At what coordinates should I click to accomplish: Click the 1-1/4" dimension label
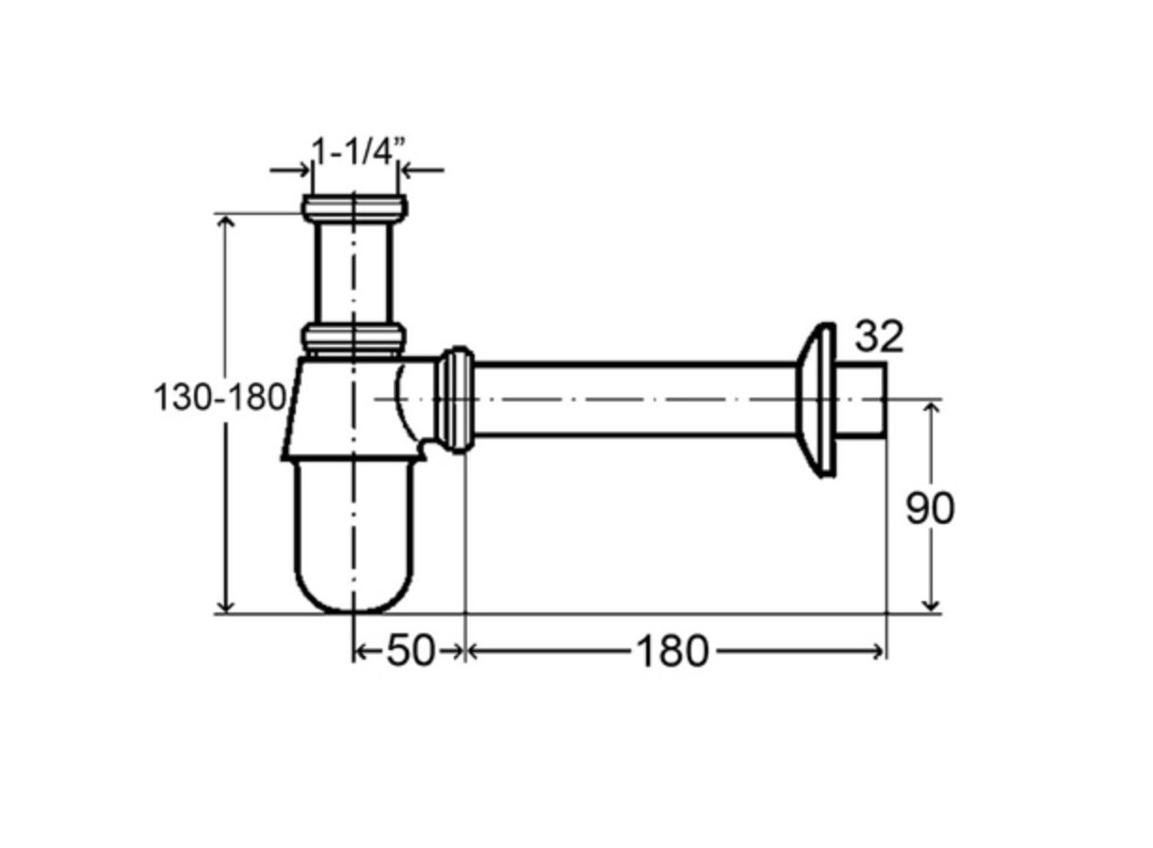(358, 152)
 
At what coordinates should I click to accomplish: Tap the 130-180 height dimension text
(219, 398)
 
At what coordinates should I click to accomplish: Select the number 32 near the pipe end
(879, 336)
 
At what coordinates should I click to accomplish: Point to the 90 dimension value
(930, 509)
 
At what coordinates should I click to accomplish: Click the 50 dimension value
(411, 651)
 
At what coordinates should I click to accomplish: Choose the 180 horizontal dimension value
(673, 651)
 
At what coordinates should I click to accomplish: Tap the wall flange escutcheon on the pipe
(816, 400)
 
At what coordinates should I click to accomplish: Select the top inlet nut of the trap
(354, 208)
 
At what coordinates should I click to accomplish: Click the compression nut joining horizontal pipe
(455, 400)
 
